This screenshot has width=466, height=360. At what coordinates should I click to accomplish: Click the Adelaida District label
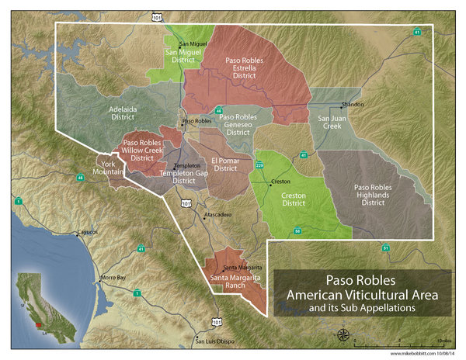123,113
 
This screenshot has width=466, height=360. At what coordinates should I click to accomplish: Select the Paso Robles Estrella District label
244,67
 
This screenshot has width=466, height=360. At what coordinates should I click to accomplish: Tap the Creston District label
294,199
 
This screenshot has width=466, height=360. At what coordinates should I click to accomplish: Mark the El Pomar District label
225,164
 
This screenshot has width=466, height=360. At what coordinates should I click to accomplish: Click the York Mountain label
109,170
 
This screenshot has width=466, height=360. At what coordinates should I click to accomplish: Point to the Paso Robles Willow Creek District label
142,151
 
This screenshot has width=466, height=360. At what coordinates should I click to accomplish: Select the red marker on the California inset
37,324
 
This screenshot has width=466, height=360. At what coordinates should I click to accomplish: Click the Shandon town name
353,104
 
